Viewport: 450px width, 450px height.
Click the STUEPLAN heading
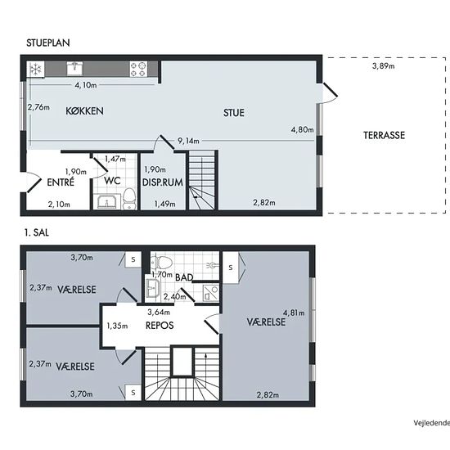[x=48, y=43]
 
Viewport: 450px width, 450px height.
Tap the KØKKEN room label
[x=84, y=111]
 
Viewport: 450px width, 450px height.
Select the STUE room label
[x=234, y=113]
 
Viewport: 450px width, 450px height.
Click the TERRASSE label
[x=385, y=135]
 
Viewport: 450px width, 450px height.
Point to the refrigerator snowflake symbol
[x=35, y=69]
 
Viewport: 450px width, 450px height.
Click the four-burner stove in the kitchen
[x=138, y=69]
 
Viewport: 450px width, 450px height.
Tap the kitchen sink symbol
[x=75, y=68]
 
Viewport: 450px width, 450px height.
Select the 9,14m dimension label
[x=188, y=141]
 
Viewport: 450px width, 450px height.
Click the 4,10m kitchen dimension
[x=86, y=85]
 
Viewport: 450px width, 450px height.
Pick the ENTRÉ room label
[x=61, y=182]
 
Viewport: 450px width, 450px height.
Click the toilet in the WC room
[x=129, y=199]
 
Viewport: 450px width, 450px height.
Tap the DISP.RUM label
[x=163, y=182]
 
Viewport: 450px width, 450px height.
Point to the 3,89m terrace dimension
[x=384, y=66]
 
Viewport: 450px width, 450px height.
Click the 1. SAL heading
[x=37, y=232]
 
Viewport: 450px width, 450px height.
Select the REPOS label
[x=160, y=326]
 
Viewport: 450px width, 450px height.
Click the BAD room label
[x=184, y=277]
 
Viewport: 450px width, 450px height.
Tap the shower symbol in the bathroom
[x=211, y=292]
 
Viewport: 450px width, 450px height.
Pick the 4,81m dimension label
[x=294, y=313]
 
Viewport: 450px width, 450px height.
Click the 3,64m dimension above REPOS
[x=159, y=312]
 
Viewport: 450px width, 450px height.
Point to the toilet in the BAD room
[x=161, y=262]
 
